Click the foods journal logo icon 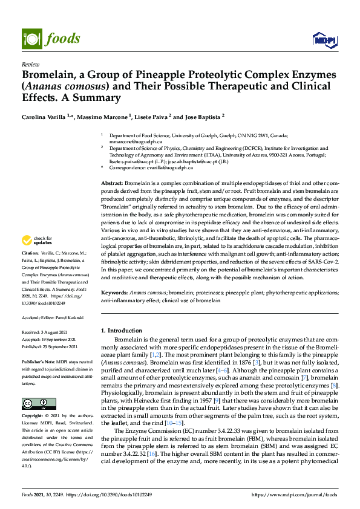coord(31,38)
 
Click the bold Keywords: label coord(115,292)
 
